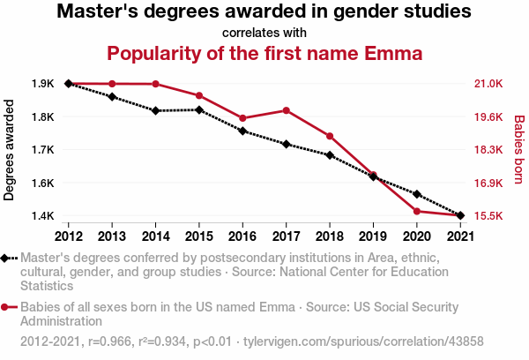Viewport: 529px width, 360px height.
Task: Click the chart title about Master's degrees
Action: (x=264, y=13)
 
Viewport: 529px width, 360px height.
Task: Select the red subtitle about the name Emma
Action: (x=264, y=53)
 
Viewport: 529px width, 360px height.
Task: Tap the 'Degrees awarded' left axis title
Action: (x=10, y=149)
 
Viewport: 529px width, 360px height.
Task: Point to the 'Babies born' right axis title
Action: (x=519, y=149)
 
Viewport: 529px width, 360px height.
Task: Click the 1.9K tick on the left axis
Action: (x=42, y=84)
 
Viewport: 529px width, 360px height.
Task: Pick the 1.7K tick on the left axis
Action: (x=42, y=150)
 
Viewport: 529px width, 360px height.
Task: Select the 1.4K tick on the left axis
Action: (x=42, y=216)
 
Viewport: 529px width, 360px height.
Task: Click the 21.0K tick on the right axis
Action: (x=488, y=84)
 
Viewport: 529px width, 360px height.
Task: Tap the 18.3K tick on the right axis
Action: (x=488, y=150)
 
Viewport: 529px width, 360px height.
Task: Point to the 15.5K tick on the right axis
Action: (x=488, y=216)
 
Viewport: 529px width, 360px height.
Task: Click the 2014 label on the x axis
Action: (x=155, y=236)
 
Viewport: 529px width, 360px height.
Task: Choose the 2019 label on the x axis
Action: (x=373, y=236)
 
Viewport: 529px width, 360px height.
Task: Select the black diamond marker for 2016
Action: (x=242, y=131)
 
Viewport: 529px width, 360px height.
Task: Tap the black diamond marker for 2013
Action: (x=112, y=96)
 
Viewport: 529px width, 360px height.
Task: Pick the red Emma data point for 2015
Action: (x=199, y=95)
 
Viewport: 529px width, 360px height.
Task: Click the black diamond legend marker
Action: (x=6, y=259)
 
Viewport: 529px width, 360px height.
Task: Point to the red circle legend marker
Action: (x=6, y=307)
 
